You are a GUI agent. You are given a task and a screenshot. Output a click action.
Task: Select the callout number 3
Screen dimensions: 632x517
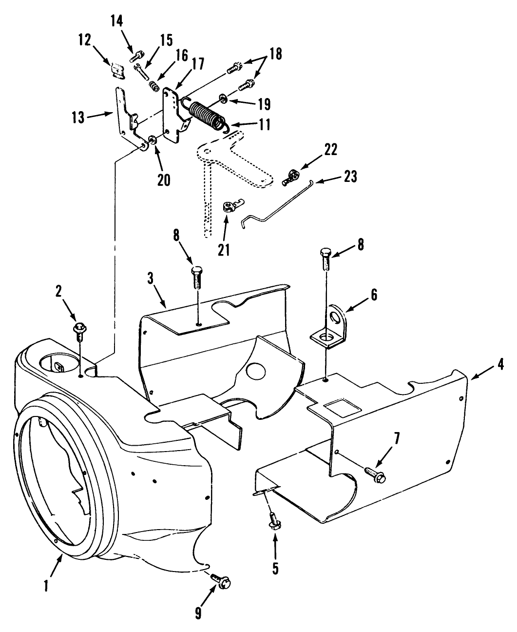150,279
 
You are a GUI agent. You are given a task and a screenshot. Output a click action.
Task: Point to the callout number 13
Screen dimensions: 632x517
78,118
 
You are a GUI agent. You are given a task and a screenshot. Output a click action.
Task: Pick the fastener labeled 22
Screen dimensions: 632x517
291,177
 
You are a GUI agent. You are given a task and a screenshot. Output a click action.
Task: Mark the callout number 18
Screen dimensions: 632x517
275,54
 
